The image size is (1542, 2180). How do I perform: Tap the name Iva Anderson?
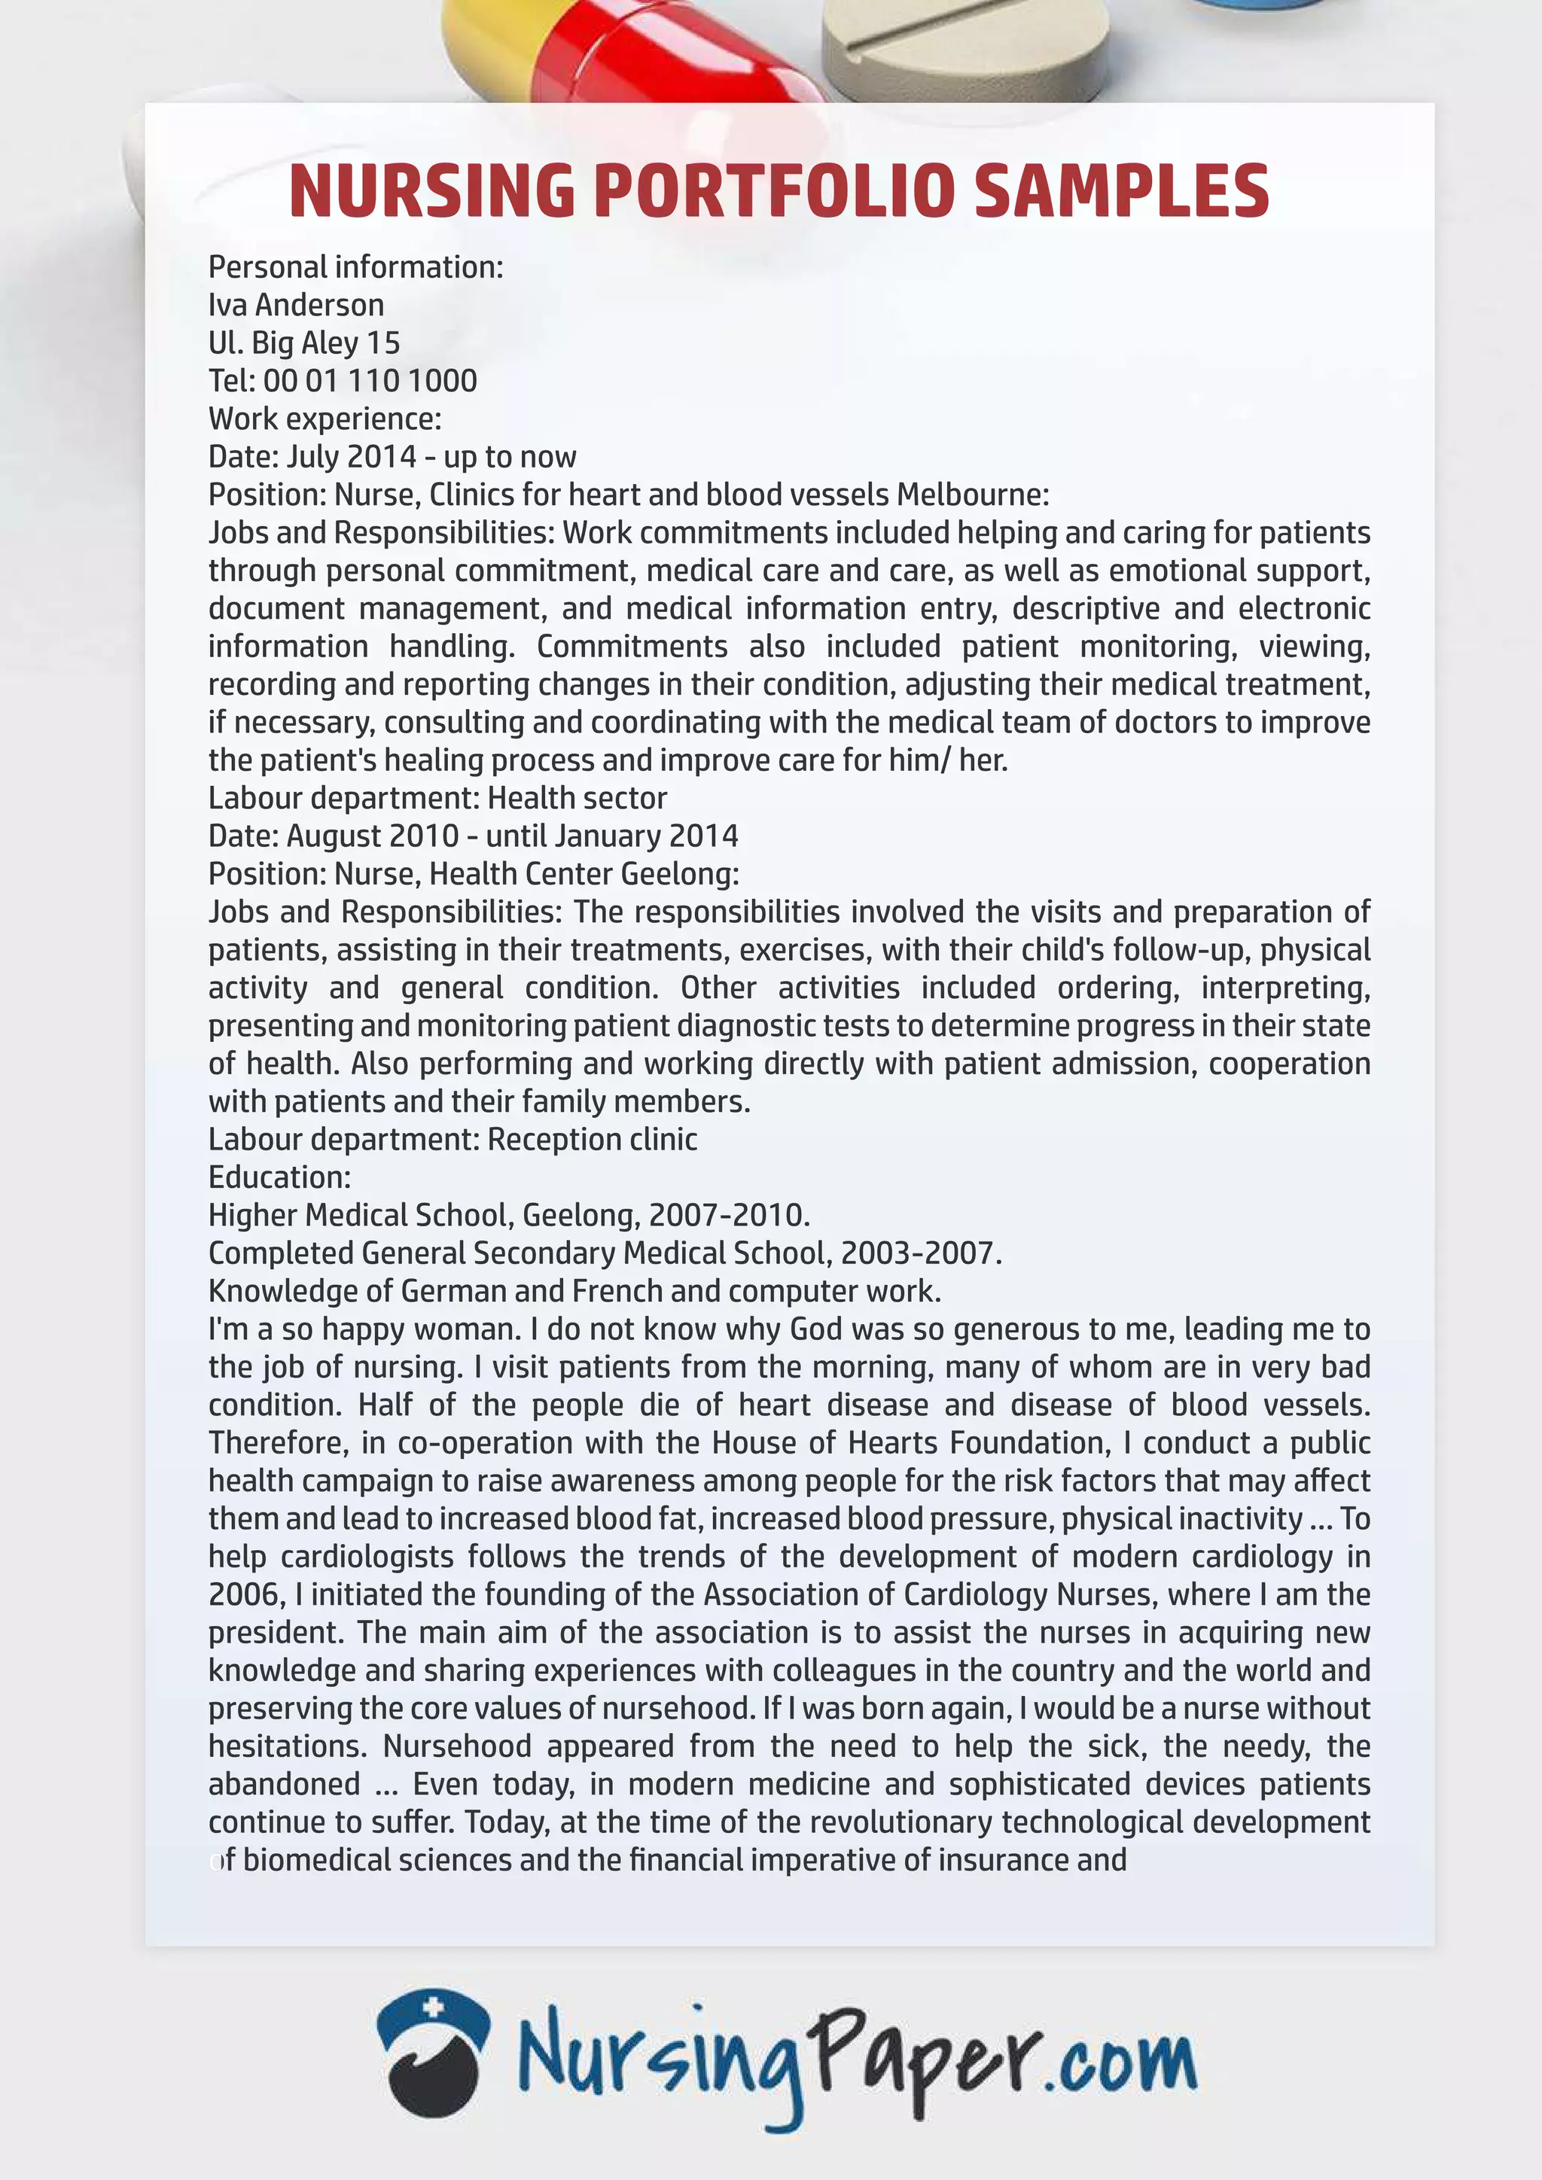(x=296, y=305)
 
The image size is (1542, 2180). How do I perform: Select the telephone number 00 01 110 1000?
(x=370, y=381)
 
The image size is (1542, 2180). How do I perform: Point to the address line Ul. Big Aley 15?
(x=304, y=343)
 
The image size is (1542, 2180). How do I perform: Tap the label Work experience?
(x=325, y=419)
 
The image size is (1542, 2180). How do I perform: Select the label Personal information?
(x=355, y=266)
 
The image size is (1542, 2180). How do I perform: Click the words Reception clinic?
(x=593, y=1140)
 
